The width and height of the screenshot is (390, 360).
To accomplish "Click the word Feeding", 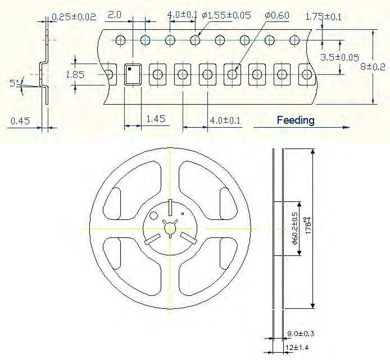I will pyautogui.click(x=296, y=120).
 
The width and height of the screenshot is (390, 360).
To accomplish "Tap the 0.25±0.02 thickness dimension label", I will pyautogui.click(x=73, y=17).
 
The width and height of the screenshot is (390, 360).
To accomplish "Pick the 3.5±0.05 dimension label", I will pyautogui.click(x=339, y=57).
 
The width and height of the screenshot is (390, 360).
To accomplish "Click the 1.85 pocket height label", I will pyautogui.click(x=75, y=74).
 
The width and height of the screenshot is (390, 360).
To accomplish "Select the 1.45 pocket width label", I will pyautogui.click(x=155, y=119).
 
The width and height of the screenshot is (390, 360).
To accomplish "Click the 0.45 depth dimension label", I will pyautogui.click(x=20, y=120).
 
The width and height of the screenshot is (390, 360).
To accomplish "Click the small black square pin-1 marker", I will pyautogui.click(x=129, y=69).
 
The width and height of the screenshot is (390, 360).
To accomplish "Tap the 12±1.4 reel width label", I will pyautogui.click(x=295, y=348).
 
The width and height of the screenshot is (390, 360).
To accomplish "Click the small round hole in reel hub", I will pyautogui.click(x=153, y=216).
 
